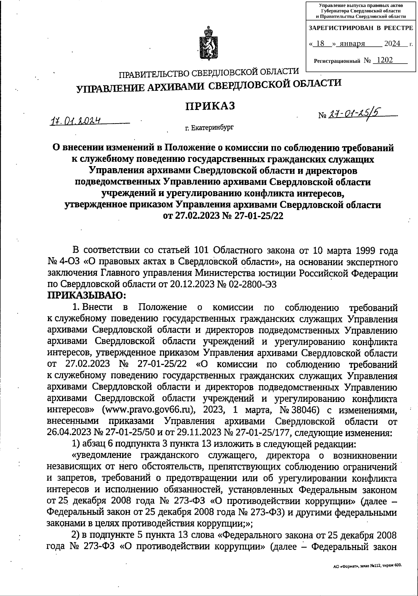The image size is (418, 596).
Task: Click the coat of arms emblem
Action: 208,44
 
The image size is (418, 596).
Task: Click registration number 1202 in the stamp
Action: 385,60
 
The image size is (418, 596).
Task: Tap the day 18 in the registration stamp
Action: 321,44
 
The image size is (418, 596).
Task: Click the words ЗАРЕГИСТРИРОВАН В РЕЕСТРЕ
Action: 361,27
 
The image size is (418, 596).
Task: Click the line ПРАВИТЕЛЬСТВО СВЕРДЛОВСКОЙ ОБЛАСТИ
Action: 209,73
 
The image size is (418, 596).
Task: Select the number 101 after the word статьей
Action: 200,250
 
